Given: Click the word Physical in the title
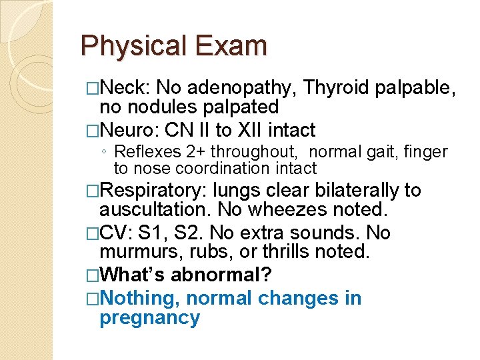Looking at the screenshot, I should click(x=134, y=46).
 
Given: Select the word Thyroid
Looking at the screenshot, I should click(x=339, y=88).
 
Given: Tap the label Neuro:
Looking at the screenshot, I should click(x=129, y=129).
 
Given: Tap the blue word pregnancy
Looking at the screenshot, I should click(x=149, y=318).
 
